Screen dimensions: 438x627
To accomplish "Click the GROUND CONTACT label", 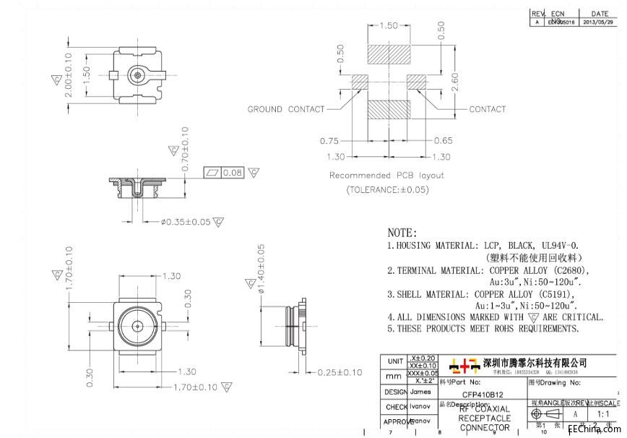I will click(286, 110).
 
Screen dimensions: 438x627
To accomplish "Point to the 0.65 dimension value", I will click(444, 141).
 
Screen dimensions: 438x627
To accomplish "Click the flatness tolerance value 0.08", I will click(233, 173).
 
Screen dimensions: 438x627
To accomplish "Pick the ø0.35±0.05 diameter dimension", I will click(186, 222).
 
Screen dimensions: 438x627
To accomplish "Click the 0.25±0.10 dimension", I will click(340, 372).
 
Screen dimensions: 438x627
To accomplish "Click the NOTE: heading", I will click(402, 233).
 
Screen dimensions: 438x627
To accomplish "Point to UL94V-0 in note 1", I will click(554, 246).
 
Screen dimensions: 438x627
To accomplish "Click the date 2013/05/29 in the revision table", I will click(600, 22).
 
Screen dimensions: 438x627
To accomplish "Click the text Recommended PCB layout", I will click(386, 176).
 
